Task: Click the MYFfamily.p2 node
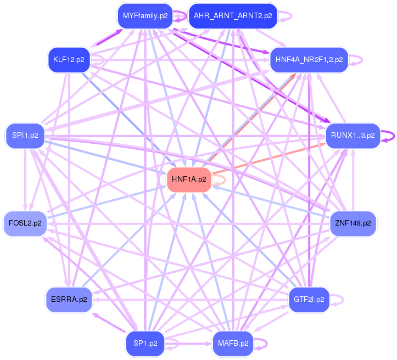point(145,16)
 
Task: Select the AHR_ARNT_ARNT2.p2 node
point(233,16)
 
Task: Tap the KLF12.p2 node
point(69,59)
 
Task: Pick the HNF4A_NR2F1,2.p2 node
point(309,59)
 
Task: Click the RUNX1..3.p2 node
point(353,134)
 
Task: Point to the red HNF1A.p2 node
point(189,179)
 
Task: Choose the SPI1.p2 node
point(25,134)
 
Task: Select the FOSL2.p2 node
point(25,223)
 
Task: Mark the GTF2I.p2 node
point(309,300)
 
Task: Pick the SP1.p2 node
point(145,344)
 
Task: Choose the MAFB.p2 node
point(233,344)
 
